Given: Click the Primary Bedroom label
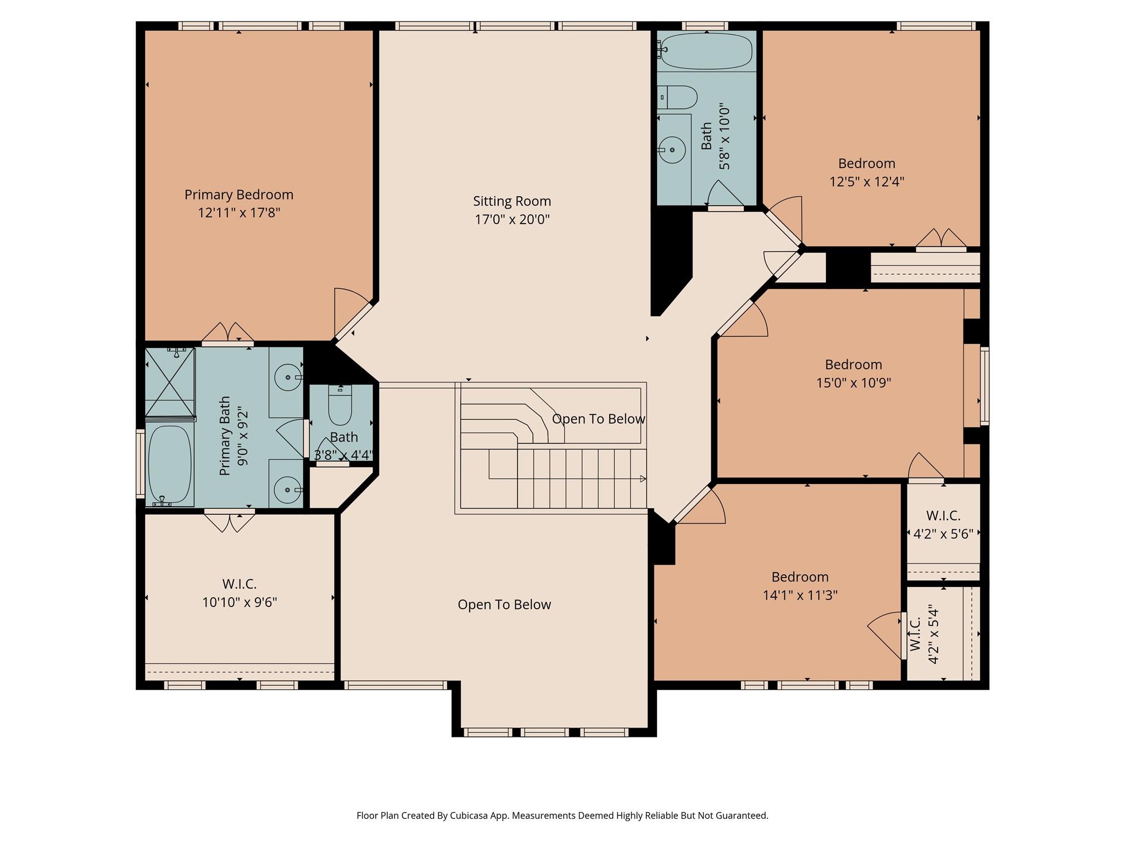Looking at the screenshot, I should [x=238, y=195].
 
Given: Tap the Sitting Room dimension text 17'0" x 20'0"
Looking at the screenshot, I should [x=512, y=219].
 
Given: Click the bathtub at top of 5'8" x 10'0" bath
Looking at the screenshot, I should [x=706, y=51].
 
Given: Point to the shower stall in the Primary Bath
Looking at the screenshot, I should [x=169, y=381].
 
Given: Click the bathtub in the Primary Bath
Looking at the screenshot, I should [x=170, y=465].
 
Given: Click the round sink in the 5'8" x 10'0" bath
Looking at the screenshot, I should [x=672, y=149].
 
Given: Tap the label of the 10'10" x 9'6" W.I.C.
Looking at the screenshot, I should [x=239, y=584].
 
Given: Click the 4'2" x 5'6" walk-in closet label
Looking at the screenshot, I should [x=943, y=515].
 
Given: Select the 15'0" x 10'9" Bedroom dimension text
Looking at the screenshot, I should [x=853, y=382].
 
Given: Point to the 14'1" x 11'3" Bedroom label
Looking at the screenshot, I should [x=800, y=577].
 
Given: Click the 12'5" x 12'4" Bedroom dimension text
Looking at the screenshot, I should [x=866, y=181].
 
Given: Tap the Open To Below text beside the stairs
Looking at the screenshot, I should [x=598, y=419].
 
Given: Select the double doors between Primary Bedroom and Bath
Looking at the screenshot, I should [x=227, y=334].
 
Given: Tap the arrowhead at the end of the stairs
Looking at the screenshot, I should [x=643, y=479].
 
